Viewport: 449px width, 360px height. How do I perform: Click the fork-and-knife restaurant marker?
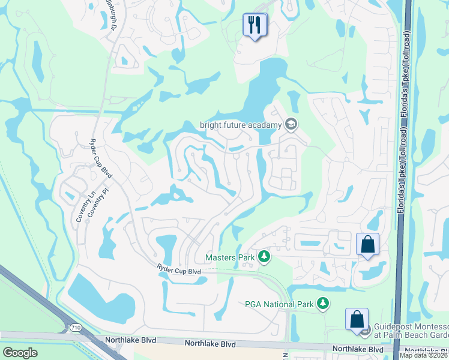255,25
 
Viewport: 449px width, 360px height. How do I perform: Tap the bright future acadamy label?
240,125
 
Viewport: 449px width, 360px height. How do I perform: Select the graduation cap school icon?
291,124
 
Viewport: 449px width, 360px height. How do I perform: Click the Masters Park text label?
230,257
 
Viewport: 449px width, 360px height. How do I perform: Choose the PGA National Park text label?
279,304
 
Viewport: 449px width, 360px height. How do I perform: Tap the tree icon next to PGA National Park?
324,304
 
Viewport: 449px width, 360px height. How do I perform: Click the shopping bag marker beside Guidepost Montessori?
357,319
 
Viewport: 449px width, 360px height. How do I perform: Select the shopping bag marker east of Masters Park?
367,244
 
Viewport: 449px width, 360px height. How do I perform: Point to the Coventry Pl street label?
91,205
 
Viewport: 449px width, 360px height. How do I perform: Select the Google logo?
20,353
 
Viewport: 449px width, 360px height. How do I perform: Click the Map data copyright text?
423,355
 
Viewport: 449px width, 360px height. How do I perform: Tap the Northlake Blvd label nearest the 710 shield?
130,341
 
